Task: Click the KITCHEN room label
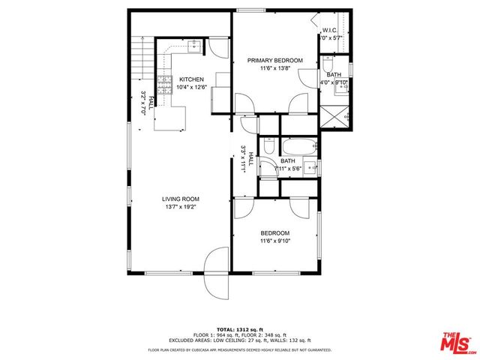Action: coord(191,79)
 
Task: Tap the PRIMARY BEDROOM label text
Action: coord(275,61)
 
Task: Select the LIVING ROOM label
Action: coord(180,199)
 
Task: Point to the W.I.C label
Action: coord(331,31)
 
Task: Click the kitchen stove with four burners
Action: coord(164,82)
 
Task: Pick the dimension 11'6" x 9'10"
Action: coord(275,241)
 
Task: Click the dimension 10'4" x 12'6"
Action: coord(191,87)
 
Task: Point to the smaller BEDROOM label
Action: coord(275,233)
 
